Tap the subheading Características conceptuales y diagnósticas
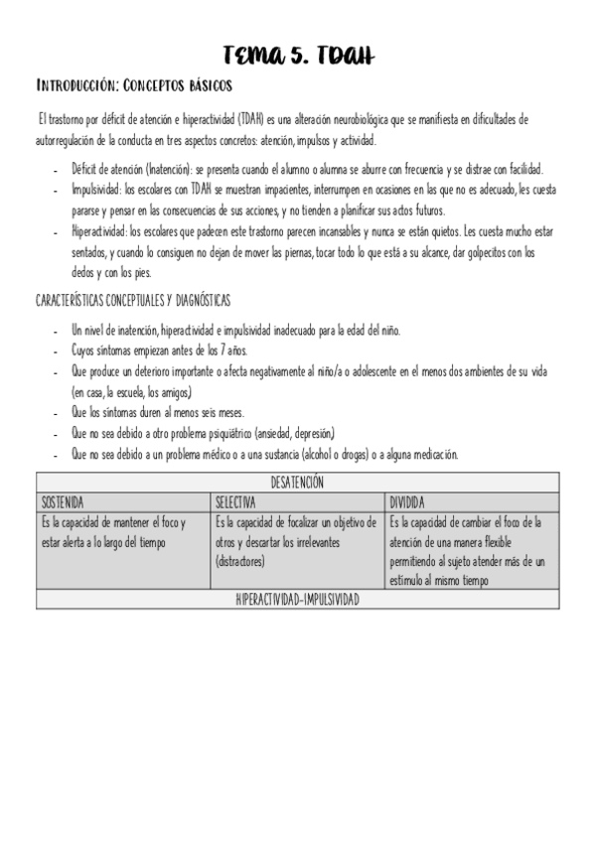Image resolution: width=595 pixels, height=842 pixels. (133, 300)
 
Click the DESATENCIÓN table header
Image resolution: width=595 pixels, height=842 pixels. (297, 483)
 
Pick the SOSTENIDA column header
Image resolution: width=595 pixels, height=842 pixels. (63, 501)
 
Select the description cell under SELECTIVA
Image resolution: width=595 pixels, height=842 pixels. (297, 541)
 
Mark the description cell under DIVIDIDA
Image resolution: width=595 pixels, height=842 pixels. (470, 550)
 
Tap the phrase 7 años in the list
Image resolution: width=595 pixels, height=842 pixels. (229, 351)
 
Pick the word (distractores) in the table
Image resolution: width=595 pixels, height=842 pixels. (239, 561)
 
